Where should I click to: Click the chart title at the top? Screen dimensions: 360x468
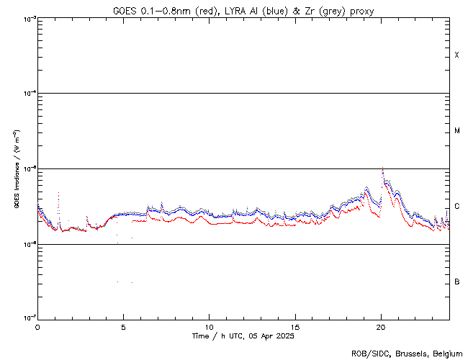pos(243,11)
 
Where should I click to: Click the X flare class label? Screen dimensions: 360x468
pos(457,55)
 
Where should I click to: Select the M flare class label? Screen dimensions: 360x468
pos(457,131)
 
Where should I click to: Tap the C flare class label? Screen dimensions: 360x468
pos(457,207)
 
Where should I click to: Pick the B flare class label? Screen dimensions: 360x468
pos(457,282)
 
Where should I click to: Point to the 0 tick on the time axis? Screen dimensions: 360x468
pos(37,326)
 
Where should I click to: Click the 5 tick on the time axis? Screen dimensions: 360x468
pos(123,326)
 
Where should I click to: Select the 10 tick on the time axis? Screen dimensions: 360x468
pos(209,326)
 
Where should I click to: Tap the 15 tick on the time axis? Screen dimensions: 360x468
pos(295,326)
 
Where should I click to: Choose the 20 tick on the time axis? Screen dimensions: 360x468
pos(381,326)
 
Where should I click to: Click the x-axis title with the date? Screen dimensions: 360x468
pos(243,336)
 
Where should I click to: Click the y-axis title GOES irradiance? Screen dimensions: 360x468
pos(16,169)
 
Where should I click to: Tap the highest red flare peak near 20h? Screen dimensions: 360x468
pos(382,168)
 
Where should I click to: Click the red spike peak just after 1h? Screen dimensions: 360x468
pos(58,194)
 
